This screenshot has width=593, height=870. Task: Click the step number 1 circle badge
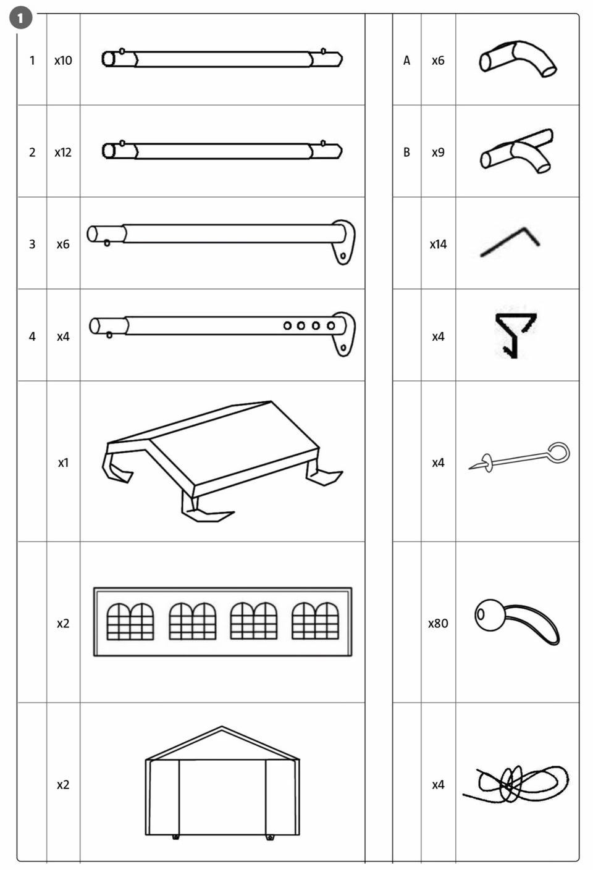click(20, 17)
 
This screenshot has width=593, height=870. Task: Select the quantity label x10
click(63, 61)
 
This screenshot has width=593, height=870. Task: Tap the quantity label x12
click(63, 153)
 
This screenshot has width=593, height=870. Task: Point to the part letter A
click(406, 61)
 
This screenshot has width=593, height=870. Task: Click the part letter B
click(406, 153)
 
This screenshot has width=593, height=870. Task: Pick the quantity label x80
click(438, 624)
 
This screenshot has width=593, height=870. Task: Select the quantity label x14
click(438, 245)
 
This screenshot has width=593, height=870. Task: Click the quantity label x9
click(438, 153)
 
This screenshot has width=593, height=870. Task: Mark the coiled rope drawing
click(516, 783)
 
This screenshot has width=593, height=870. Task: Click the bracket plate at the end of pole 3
click(343, 241)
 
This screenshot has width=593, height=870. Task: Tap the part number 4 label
click(32, 337)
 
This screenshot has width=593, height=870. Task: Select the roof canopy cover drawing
click(222, 461)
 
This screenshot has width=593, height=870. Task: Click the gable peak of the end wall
click(222, 727)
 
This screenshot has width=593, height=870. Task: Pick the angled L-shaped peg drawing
click(510, 241)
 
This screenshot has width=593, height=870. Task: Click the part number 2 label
click(32, 153)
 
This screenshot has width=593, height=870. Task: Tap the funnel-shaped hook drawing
click(515, 335)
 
